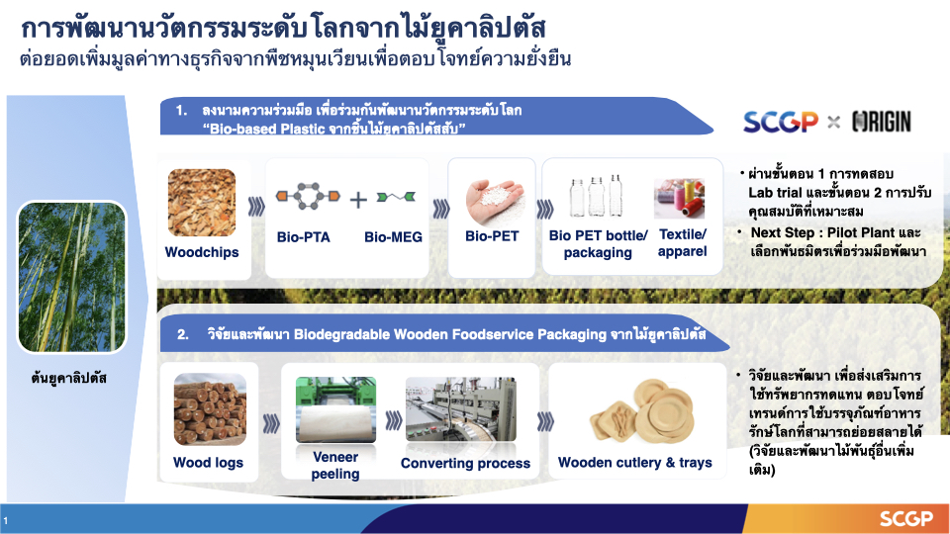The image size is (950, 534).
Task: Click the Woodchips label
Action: [202, 252]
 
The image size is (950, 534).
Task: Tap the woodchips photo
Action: [202, 202]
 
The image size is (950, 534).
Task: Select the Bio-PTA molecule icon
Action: [308, 196]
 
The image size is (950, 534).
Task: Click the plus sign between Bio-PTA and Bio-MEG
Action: [358, 199]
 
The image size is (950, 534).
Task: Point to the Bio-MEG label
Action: [393, 237]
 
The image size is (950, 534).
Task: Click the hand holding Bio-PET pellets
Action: [494, 202]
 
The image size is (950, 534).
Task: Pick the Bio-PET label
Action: [492, 236]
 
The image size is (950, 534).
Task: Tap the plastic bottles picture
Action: [596, 196]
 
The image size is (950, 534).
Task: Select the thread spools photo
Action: [679, 198]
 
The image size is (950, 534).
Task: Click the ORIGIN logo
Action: [882, 122]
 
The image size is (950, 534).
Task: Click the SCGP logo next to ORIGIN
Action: [781, 122]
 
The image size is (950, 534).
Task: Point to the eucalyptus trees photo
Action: [71, 277]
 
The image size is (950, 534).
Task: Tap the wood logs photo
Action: [210, 409]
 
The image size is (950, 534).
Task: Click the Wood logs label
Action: [209, 463]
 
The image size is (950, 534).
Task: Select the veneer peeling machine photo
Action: [335, 409]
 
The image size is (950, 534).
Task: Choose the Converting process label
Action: [465, 464]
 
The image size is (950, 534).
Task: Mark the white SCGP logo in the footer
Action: [906, 519]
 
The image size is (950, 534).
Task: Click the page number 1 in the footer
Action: [6, 521]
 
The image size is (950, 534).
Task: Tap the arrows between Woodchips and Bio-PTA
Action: [256, 207]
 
